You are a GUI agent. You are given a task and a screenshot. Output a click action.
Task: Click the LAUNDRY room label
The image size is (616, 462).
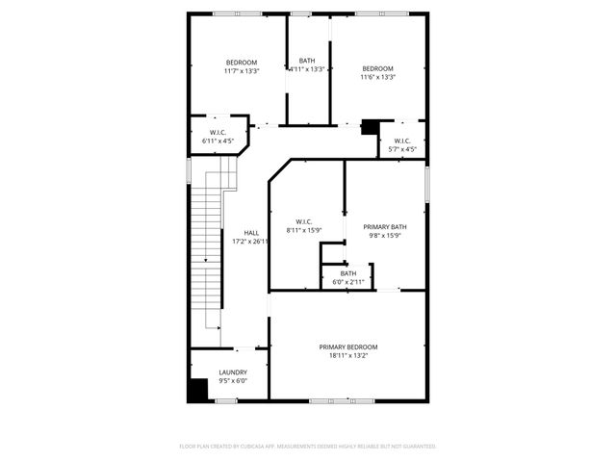point(233,372)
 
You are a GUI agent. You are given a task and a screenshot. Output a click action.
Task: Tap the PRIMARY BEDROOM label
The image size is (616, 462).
point(348,346)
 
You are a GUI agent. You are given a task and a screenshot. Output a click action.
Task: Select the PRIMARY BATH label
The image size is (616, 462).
point(385,227)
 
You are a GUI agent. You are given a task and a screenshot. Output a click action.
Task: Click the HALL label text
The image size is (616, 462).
point(251,233)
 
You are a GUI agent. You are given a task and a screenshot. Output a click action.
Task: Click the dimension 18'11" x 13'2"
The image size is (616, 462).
point(348,356)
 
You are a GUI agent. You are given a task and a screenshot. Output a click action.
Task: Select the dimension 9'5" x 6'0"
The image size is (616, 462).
point(233,381)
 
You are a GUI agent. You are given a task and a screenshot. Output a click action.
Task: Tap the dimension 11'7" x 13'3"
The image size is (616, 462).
point(242,70)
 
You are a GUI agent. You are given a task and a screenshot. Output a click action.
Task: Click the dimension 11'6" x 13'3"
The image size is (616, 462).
point(377,77)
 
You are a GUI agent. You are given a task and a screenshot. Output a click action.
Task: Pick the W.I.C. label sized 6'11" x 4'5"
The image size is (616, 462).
point(218,132)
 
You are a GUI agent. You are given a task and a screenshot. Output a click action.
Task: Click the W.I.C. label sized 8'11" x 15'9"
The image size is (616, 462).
point(304,221)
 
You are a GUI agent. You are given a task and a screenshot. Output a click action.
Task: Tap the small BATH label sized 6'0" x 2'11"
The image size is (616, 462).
point(347,273)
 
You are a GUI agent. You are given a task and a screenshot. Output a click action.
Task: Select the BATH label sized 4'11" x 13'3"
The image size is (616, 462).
point(307,61)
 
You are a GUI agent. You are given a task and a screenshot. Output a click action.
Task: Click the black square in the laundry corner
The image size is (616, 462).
point(198,389)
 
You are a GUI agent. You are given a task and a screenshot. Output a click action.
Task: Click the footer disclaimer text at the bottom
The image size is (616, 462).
point(308,447)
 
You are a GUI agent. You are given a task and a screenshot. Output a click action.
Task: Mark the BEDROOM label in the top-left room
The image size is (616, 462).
point(242,62)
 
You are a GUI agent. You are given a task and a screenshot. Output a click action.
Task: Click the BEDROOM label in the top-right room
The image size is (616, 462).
point(377,68)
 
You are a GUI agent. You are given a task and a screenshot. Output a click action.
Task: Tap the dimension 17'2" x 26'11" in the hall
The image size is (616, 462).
point(251,242)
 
